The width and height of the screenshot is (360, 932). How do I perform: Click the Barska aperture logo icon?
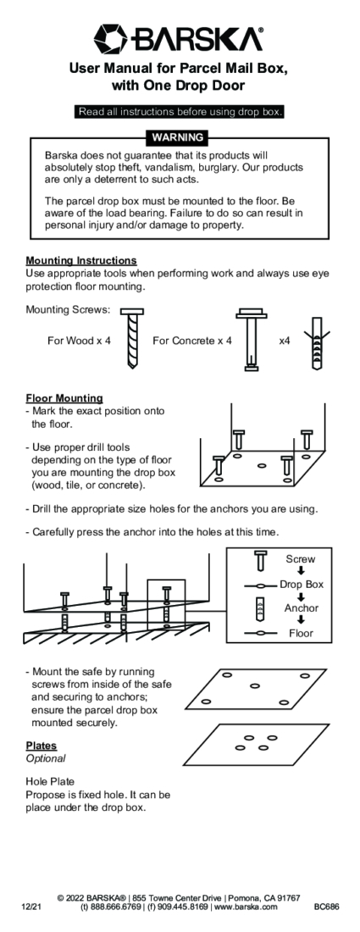pyautogui.click(x=110, y=38)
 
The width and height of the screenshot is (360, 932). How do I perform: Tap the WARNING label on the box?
pyautogui.click(x=178, y=137)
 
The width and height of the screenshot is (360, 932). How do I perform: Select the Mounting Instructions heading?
pyautogui.click(x=81, y=260)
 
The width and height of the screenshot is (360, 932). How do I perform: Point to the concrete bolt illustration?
pyautogui.click(x=252, y=339)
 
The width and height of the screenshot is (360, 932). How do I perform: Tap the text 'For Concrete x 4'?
pyautogui.click(x=192, y=341)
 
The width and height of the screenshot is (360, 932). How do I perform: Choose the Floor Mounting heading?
pyautogui.click(x=64, y=398)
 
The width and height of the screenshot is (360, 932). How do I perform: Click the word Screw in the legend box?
pyautogui.click(x=300, y=558)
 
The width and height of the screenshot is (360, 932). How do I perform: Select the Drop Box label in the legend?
pyautogui.click(x=302, y=585)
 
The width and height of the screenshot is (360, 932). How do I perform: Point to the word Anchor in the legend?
pyautogui.click(x=302, y=608)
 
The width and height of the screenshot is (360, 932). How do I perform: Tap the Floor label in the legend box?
pyautogui.click(x=301, y=633)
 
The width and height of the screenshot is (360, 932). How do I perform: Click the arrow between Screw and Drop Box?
pyautogui.click(x=302, y=571)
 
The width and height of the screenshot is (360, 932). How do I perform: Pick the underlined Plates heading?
pyautogui.click(x=41, y=746)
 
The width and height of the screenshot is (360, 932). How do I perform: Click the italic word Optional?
pyautogui.click(x=46, y=758)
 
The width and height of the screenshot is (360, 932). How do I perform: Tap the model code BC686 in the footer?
pyautogui.click(x=326, y=907)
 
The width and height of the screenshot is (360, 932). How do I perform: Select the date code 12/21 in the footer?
pyautogui.click(x=30, y=907)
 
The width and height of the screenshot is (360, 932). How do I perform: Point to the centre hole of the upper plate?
pyautogui.click(x=255, y=686)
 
